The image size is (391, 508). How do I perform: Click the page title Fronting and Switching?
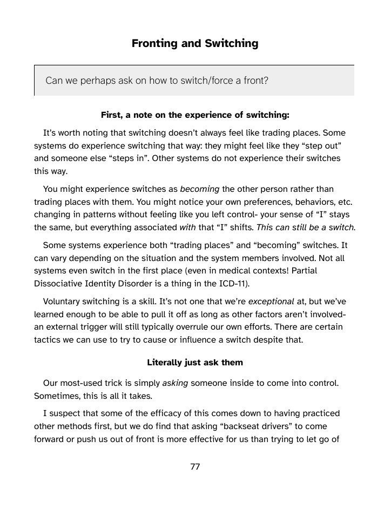[x=195, y=44]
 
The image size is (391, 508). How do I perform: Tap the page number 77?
[x=195, y=467]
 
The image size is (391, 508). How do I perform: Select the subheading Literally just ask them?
[x=195, y=363]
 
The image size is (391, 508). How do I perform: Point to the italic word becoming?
[x=199, y=189]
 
